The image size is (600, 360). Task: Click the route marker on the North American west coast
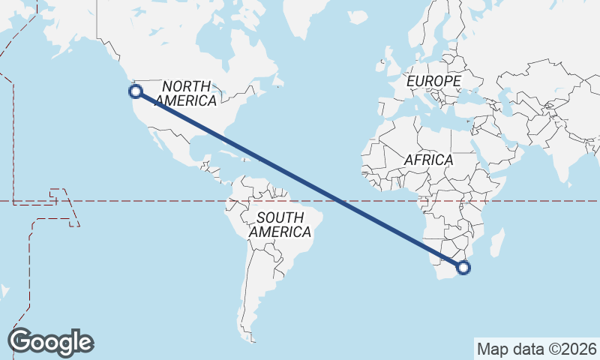coord(136,91)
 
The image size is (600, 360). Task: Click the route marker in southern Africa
coord(463,267)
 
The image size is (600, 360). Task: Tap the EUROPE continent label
coord(433,80)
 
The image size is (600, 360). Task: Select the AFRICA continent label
coord(428,160)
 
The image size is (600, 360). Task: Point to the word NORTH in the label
coord(187,86)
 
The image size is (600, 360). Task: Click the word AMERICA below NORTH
coord(187,100)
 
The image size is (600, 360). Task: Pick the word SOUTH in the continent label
coord(280,218)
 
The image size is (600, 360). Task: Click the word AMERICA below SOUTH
coord(280,232)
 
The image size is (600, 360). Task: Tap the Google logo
coord(50,342)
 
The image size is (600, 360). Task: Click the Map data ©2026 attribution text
coord(536,349)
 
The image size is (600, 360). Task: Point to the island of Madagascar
coord(497,244)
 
